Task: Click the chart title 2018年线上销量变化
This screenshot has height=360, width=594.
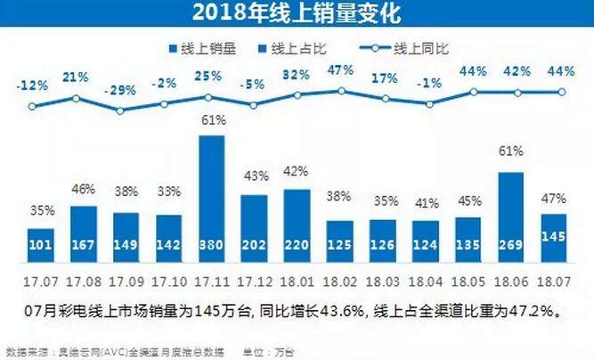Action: click(297, 14)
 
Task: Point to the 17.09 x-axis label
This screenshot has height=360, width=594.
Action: click(126, 279)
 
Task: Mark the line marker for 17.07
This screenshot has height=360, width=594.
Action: click(34, 106)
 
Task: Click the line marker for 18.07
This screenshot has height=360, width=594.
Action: click(562, 91)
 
